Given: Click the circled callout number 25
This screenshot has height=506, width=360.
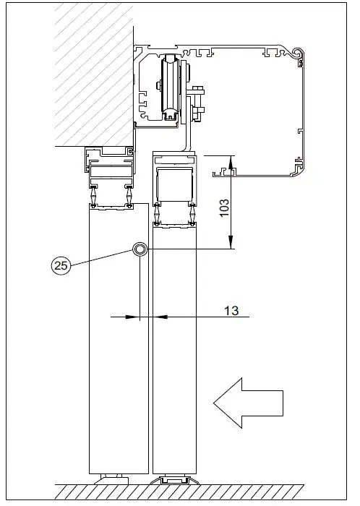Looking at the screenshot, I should [x=61, y=265].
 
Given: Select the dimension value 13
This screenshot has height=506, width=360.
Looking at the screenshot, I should [x=232, y=311].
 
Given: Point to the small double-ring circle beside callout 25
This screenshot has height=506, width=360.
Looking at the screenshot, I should [x=140, y=249].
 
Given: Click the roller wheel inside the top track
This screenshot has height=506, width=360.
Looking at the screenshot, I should [x=171, y=87].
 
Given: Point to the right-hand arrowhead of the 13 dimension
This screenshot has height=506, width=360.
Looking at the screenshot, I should [x=158, y=316].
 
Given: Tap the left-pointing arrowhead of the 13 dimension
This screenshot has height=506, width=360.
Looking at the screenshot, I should [x=134, y=316].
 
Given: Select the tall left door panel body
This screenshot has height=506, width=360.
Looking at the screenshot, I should [x=118, y=347].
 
